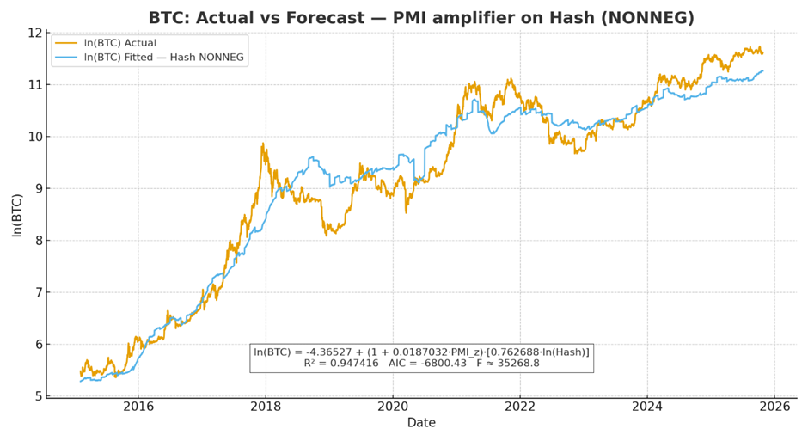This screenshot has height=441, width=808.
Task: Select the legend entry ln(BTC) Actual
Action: tap(120, 43)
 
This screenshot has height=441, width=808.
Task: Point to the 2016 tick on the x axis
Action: tap(138, 407)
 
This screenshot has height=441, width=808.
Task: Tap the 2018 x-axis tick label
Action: tap(266, 407)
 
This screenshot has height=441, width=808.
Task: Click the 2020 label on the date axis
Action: tap(393, 407)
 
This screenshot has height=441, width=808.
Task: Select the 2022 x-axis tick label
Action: tap(520, 407)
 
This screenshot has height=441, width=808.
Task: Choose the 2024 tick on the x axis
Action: tap(647, 407)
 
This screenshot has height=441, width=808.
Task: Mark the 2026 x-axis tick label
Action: tap(774, 407)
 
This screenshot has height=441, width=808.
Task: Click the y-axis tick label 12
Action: tap(35, 33)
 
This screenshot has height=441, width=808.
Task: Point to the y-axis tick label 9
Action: tap(39, 188)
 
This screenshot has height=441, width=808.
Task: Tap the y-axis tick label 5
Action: tap(39, 396)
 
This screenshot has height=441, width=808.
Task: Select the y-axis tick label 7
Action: tap(39, 292)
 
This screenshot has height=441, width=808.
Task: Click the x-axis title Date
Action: tap(421, 423)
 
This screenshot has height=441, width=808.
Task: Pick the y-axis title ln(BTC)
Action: tap(16, 214)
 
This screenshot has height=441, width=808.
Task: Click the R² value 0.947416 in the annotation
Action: tap(349, 364)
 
